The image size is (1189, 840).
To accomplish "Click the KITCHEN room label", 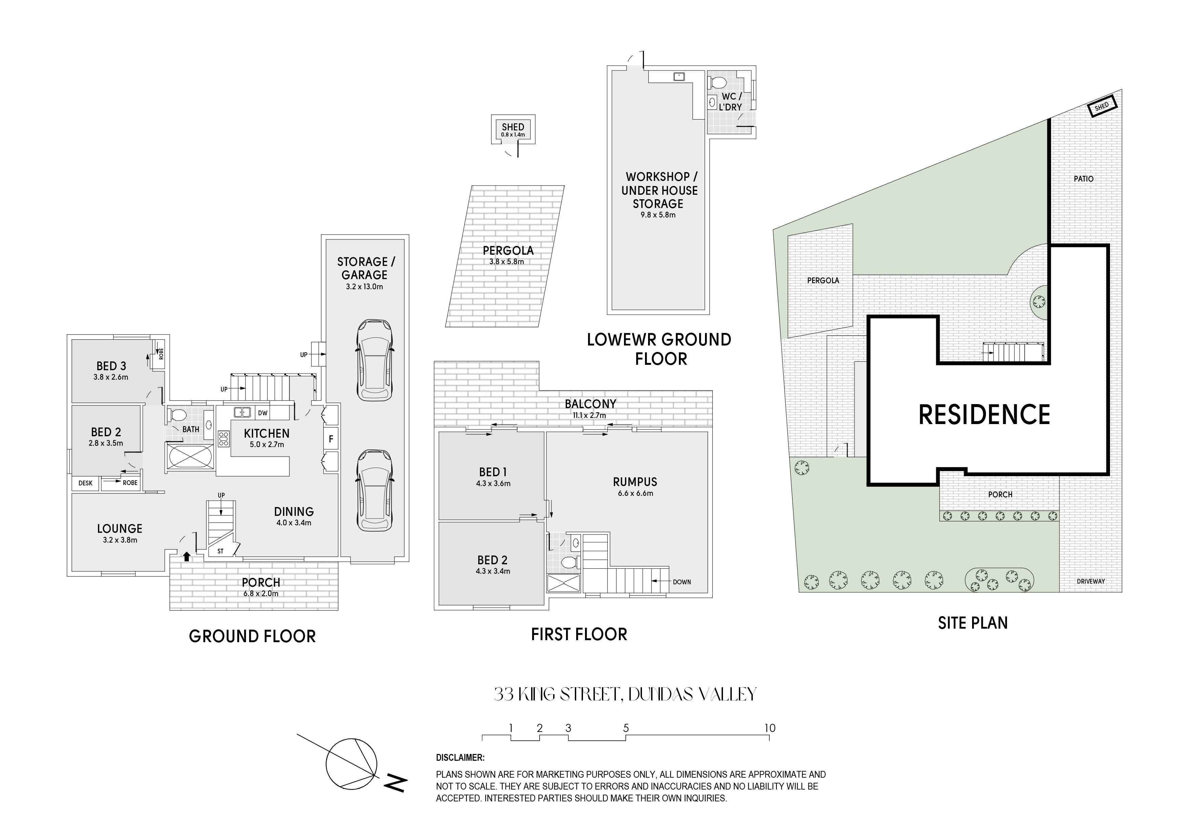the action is click(x=267, y=433).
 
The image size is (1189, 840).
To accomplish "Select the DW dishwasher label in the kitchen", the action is click(x=263, y=413).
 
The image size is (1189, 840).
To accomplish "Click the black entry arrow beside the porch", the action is click(x=186, y=556).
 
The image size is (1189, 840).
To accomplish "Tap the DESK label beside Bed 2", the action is click(x=85, y=483).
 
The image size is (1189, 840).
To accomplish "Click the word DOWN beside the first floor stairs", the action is click(x=682, y=582).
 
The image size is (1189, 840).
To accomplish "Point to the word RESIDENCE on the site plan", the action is click(x=984, y=415).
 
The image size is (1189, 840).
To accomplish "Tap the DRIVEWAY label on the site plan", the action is click(x=1091, y=581).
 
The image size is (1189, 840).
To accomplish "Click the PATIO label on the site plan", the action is click(x=1083, y=178).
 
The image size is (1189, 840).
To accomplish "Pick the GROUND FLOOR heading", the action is click(x=252, y=636).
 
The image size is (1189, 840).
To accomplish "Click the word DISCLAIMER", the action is click(x=460, y=758).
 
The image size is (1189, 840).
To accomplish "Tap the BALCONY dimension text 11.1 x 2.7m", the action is click(x=589, y=415).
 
